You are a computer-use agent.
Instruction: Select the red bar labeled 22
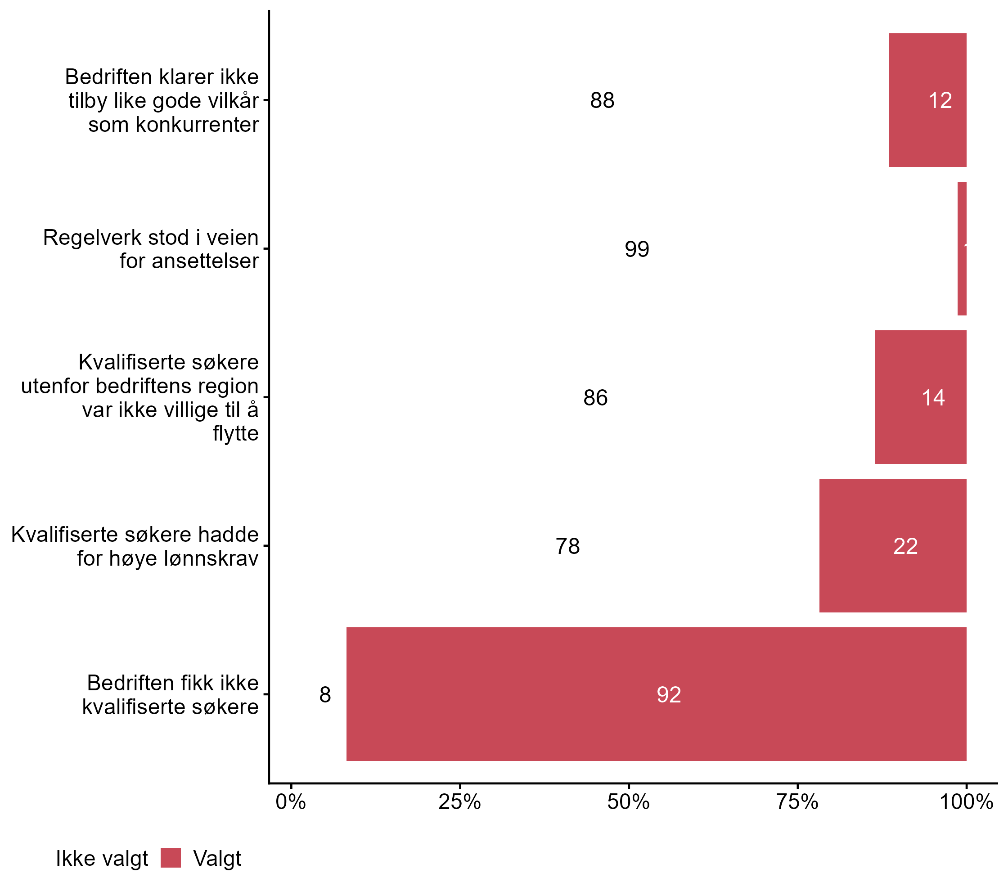893,545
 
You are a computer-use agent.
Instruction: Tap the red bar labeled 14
920,397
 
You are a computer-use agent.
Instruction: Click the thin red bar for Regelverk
962,248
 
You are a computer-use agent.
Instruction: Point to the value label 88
602,101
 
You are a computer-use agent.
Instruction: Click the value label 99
637,249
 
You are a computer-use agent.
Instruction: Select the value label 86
595,398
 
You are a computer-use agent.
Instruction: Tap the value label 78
567,546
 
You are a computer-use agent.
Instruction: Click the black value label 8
325,695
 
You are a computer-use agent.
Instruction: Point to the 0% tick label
291,802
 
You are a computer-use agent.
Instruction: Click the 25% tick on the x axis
459,802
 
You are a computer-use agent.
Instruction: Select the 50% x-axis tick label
628,802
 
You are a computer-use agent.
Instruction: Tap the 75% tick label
797,802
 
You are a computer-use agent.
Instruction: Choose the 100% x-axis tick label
966,802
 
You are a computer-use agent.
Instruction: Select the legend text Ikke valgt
102,859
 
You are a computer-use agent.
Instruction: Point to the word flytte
236,433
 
